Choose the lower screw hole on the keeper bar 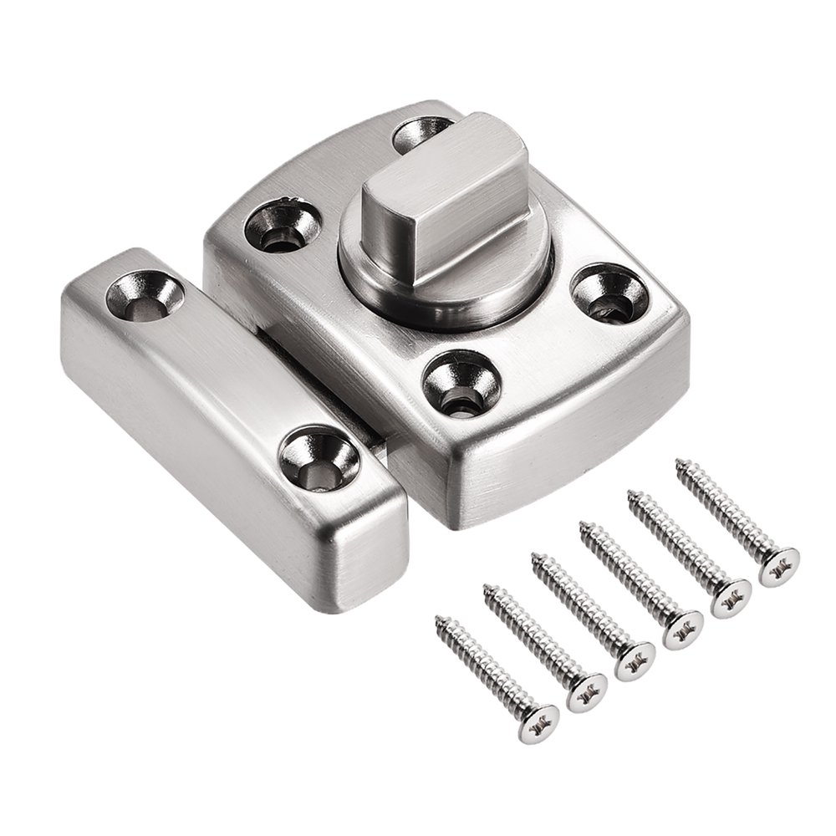tap(319, 460)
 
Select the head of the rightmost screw tap(778, 566)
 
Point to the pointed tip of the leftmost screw tap(439, 620)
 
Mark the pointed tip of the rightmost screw tap(680, 461)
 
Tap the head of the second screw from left tap(586, 691)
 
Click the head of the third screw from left tap(634, 660)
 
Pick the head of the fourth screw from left tap(682, 629)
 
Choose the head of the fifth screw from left tap(731, 597)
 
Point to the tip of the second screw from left tap(487, 589)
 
